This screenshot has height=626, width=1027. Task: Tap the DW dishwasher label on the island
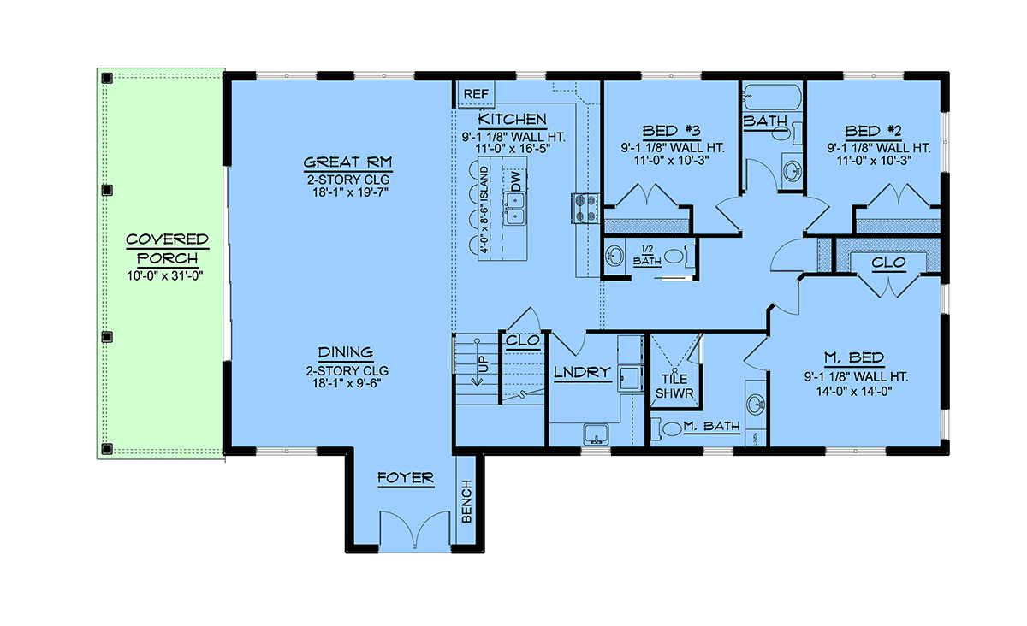(x=516, y=181)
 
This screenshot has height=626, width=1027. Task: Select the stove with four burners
(x=585, y=209)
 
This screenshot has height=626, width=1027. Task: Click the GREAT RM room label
(x=348, y=162)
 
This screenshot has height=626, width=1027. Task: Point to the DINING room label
(x=346, y=352)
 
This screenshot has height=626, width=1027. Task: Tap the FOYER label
(x=406, y=478)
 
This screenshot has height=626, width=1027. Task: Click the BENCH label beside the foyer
(x=466, y=501)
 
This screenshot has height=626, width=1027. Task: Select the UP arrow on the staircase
(x=477, y=362)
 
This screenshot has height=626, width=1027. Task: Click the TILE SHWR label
(x=674, y=386)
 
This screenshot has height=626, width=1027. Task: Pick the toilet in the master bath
(x=667, y=428)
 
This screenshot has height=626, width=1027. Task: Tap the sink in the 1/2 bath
(x=614, y=256)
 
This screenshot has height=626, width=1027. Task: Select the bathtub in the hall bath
(x=772, y=97)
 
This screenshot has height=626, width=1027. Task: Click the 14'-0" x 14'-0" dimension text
(x=854, y=392)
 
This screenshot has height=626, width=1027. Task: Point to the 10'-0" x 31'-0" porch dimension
(x=165, y=276)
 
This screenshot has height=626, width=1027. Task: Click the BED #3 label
(x=672, y=131)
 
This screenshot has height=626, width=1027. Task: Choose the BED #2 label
(x=874, y=131)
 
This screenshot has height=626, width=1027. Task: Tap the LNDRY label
(x=582, y=373)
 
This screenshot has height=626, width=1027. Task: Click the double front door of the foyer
(x=415, y=530)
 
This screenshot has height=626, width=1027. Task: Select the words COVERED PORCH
(x=168, y=249)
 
